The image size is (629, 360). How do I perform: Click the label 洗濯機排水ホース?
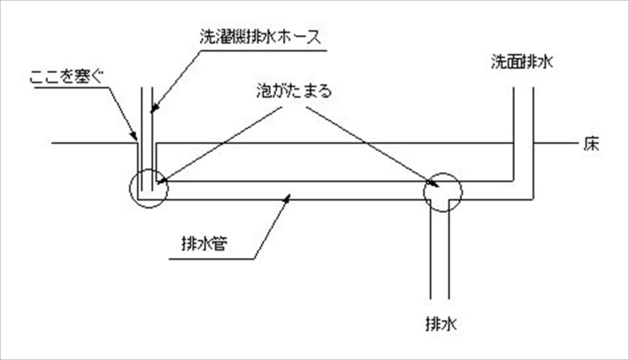pyautogui.click(x=261, y=37)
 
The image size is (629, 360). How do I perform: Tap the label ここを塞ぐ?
pyautogui.click(x=67, y=79)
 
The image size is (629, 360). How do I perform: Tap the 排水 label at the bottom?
pyautogui.click(x=440, y=323)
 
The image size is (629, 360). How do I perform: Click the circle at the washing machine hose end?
pyautogui.click(x=149, y=189)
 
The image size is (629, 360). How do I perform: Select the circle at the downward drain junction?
pyautogui.click(x=442, y=192)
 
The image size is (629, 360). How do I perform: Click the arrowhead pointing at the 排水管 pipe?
pyautogui.click(x=289, y=198)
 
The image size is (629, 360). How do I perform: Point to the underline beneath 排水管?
pyautogui.click(x=209, y=259)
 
